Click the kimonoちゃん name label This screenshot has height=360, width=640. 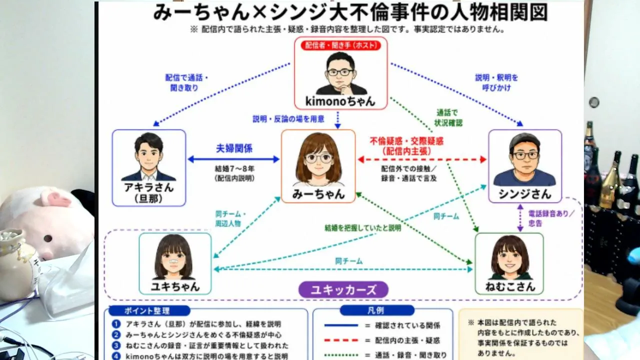coord(340,101)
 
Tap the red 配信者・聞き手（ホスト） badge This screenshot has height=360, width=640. coord(340,45)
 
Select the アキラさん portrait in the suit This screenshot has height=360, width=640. coord(148,157)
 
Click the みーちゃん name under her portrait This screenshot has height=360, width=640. coord(318,194)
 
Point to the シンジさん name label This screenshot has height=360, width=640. coord(524,194)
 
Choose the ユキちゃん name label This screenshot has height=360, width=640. coord(175,286)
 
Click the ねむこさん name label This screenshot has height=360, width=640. coord(510,286)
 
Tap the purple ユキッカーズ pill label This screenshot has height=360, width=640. coord(343,289)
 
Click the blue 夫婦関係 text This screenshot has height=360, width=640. coord(234,148)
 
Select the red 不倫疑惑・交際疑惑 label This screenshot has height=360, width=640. coord(406,141)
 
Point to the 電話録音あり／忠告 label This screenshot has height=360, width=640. coord(551,218)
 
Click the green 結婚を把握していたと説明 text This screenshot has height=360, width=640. coord(363,227)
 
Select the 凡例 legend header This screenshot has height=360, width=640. coord(377,310)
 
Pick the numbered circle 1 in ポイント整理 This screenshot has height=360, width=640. coord(116,324)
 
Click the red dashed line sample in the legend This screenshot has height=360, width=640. coord(341,340)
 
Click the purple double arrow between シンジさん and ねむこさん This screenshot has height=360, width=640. coord(520,217)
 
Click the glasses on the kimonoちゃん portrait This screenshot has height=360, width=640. coord(340,72)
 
